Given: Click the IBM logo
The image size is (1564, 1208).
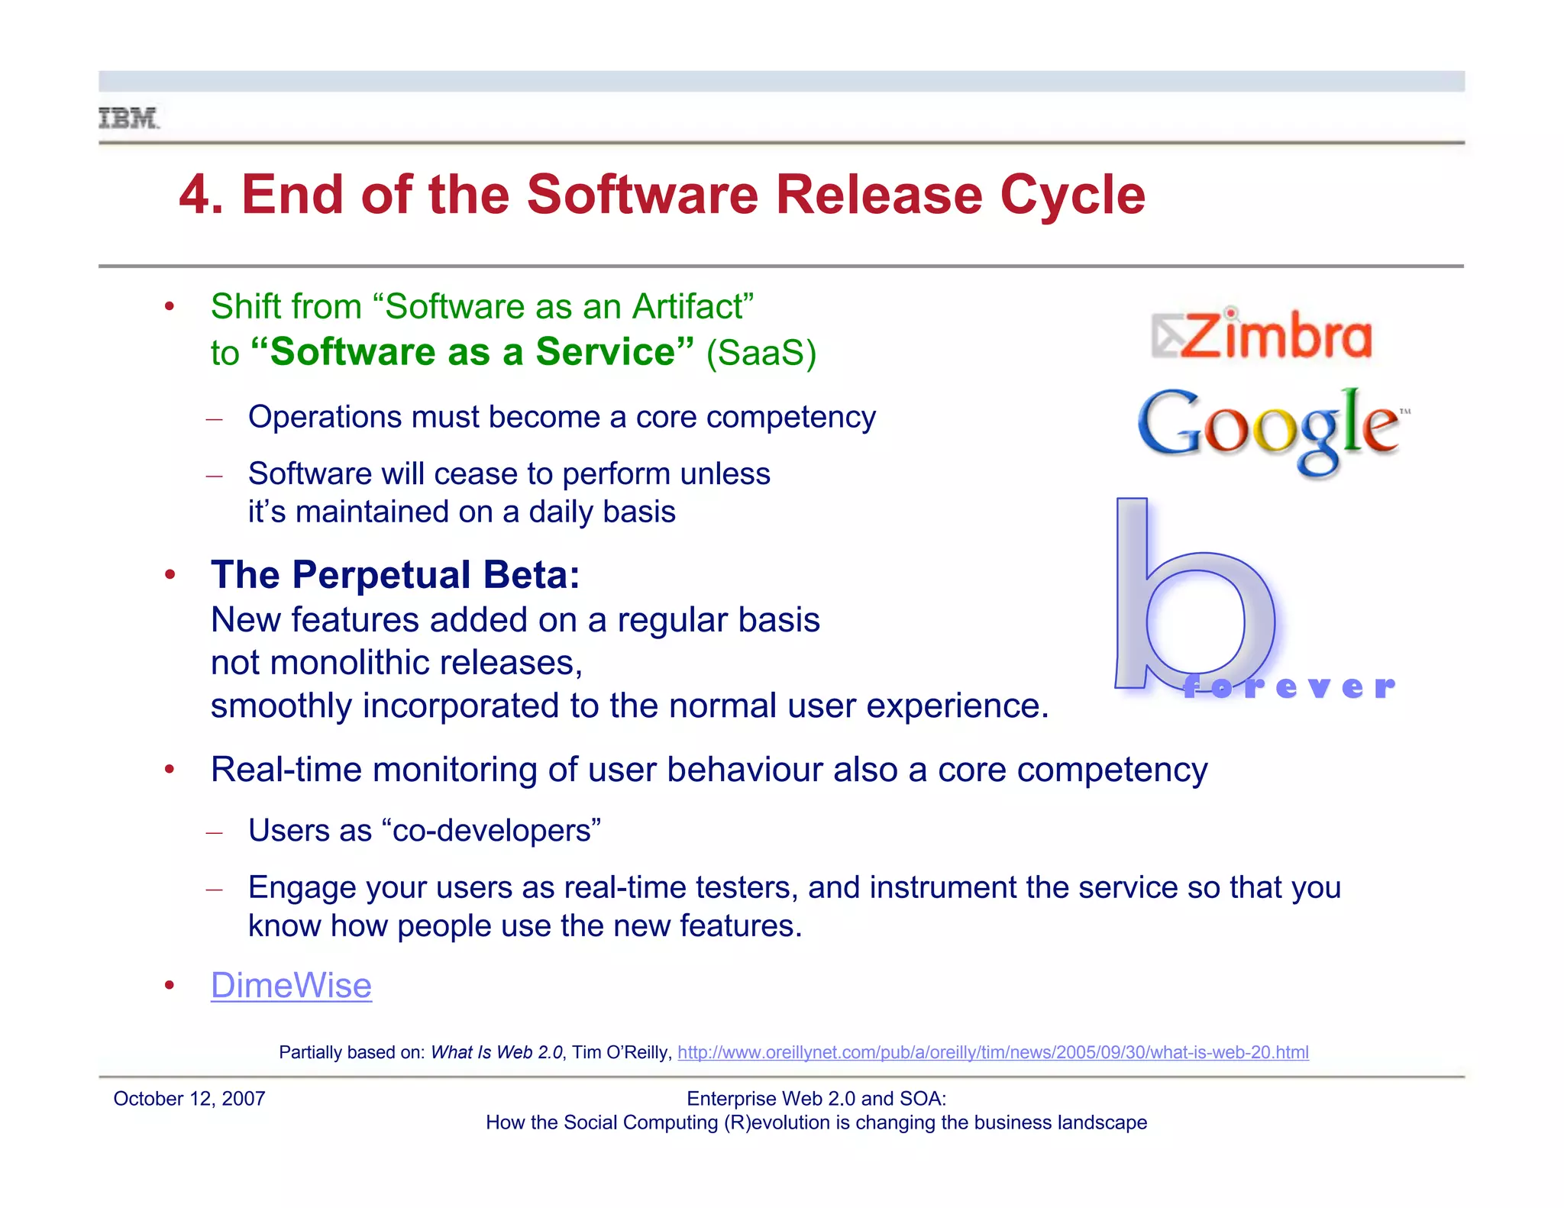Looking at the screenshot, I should (128, 118).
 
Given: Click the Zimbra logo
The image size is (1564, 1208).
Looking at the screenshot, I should (1262, 335).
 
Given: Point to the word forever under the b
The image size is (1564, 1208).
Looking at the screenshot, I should (1289, 686).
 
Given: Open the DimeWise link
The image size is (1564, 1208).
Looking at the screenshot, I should (291, 985).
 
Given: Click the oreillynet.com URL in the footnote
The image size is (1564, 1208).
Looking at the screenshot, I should (993, 1052).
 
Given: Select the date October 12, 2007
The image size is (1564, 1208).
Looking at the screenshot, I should (189, 1099).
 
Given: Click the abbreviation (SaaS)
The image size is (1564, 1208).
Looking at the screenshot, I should (761, 353).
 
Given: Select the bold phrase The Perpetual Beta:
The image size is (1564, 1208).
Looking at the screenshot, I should (396, 574).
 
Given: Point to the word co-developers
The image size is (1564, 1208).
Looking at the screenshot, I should (492, 830).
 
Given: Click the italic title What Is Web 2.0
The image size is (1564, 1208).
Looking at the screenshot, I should (496, 1052).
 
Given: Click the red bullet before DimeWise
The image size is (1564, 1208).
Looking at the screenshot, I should (170, 985).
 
